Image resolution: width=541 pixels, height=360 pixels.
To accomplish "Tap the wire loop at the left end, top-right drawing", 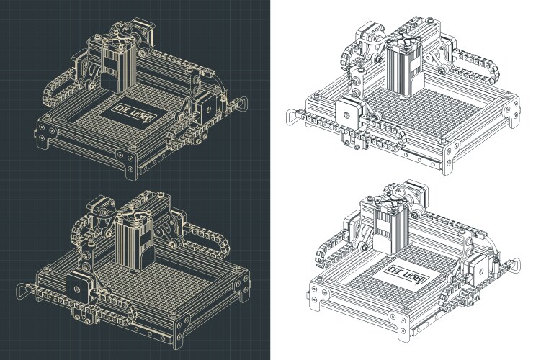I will coord(290,115).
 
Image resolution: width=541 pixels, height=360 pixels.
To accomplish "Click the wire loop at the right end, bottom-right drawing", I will coord(514,266).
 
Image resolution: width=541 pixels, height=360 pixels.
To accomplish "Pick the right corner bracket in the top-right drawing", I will coord(512,108).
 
